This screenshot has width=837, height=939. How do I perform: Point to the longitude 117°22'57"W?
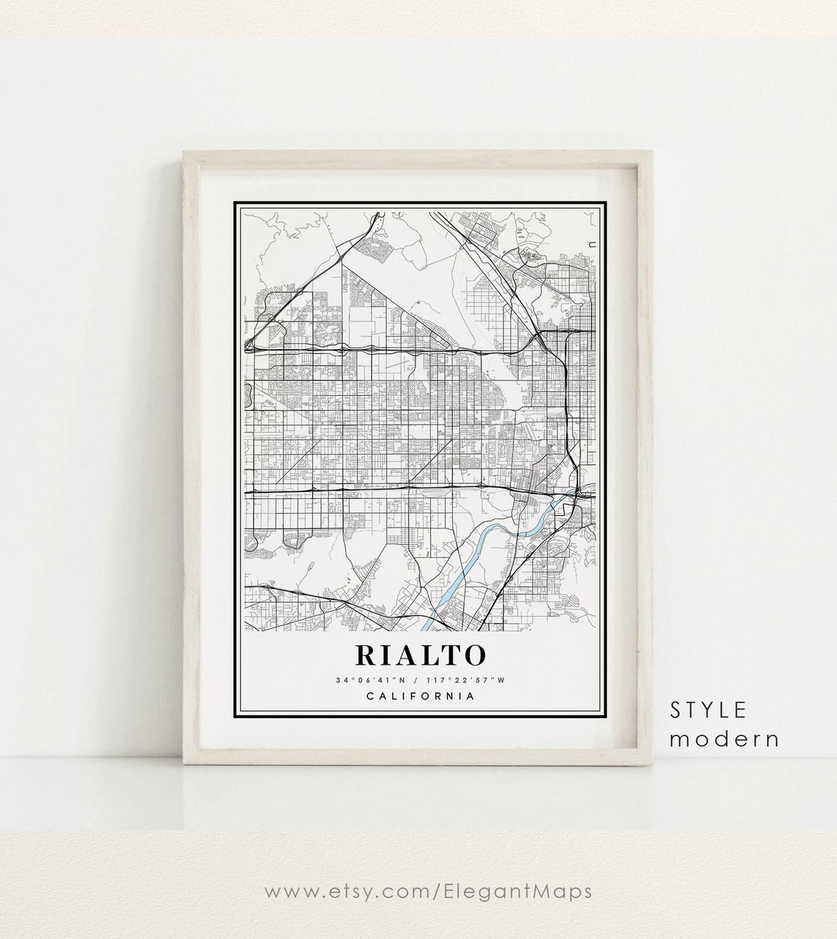463,680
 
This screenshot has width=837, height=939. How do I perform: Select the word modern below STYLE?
725,738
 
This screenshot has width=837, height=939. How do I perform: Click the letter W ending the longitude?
501,680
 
